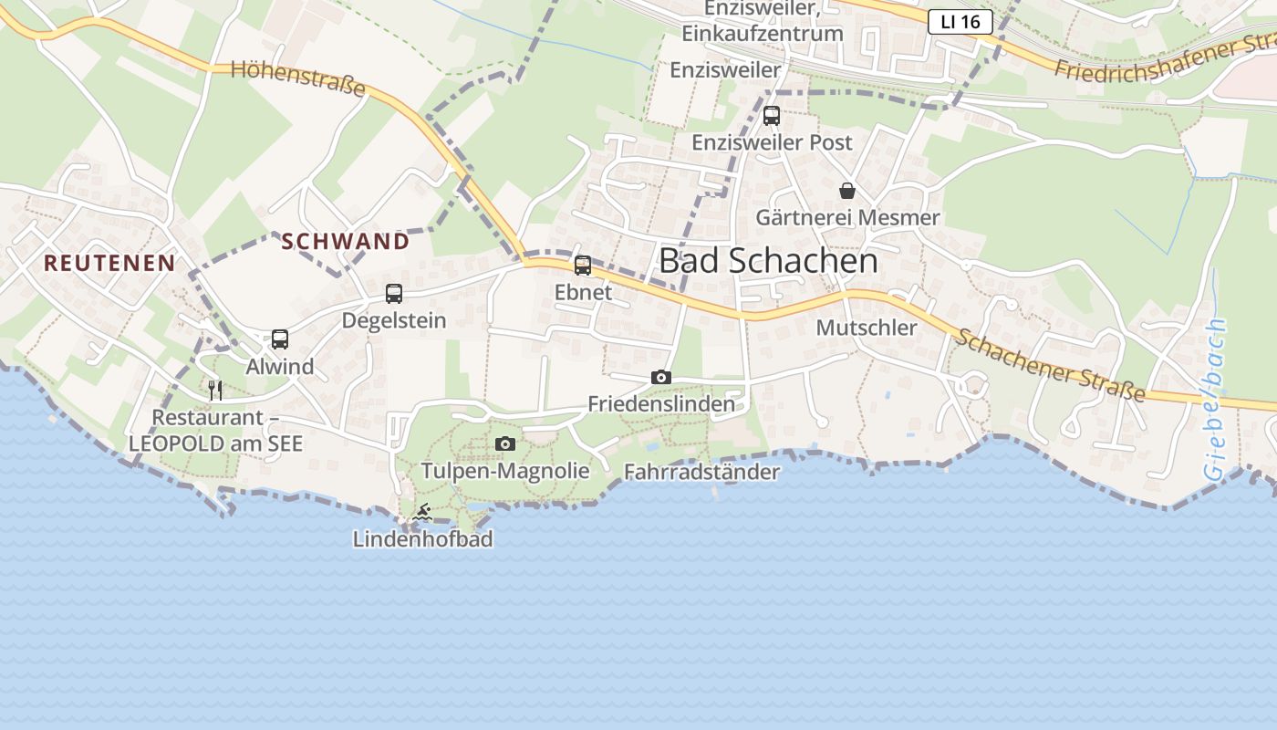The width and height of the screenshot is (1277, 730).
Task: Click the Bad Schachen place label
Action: point(768,261)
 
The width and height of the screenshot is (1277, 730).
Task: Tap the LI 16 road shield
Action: point(960,22)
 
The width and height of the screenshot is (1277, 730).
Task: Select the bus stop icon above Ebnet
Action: point(583,266)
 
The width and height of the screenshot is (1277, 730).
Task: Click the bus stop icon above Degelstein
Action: point(394,294)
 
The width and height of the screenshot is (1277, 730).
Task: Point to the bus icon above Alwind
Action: point(280,339)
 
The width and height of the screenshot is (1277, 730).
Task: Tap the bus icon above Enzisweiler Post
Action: point(772,116)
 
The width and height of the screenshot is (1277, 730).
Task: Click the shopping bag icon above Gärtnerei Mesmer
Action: point(847,191)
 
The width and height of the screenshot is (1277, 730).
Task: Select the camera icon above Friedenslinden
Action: point(661,377)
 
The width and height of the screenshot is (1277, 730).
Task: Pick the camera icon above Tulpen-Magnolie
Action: point(505,444)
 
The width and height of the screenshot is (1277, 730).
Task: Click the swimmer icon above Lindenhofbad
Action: point(421,513)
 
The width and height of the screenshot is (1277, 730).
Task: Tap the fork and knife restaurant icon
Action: point(215,391)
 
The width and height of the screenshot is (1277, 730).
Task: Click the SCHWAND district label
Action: point(346,241)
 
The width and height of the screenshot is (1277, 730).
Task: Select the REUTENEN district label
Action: point(109,263)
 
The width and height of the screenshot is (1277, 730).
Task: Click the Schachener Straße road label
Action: point(1049,364)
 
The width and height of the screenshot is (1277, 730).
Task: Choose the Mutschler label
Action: point(867,328)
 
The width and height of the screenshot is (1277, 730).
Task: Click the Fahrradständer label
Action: point(701,472)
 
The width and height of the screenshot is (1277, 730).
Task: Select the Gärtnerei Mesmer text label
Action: point(847,218)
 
